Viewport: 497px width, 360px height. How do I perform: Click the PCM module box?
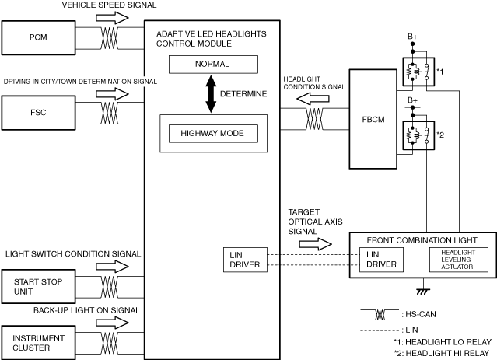(38, 38)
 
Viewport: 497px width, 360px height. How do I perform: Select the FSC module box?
(38, 113)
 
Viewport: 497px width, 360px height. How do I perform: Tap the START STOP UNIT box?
(38, 286)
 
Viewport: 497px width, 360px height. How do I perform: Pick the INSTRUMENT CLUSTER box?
(38, 343)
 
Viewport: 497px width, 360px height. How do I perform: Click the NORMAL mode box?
(213, 65)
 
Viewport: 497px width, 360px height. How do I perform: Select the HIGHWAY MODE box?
(213, 134)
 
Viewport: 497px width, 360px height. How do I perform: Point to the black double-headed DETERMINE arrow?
(211, 94)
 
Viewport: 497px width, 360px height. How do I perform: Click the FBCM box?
(373, 119)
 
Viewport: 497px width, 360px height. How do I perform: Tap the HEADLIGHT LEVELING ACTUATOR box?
(459, 260)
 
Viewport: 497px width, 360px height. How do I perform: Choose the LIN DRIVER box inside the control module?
(245, 260)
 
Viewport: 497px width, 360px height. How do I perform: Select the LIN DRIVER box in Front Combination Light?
(381, 260)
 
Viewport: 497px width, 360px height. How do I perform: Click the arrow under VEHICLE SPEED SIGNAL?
(112, 18)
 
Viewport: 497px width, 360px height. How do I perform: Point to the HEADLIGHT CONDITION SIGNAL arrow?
(313, 99)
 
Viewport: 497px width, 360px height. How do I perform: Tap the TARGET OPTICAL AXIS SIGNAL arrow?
(315, 244)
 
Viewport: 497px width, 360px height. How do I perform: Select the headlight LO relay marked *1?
(418, 72)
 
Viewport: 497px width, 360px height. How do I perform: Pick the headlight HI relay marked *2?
(418, 135)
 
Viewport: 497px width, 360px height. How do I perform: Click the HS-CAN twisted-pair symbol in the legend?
(380, 315)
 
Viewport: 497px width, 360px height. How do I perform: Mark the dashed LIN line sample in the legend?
(380, 330)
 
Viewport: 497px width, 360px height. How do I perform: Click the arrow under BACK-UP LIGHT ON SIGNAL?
(112, 323)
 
